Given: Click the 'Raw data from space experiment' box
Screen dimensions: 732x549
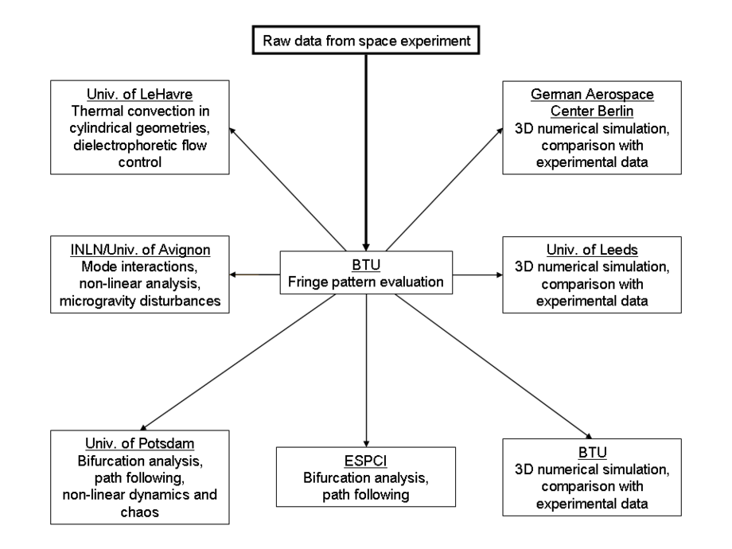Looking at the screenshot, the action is pos(366,40).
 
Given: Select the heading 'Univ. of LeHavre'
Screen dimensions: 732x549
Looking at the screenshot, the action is pos(139,95).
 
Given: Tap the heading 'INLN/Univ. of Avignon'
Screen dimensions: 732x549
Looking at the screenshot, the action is pos(140,250).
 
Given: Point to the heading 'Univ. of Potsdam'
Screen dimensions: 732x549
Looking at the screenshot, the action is pos(139,443).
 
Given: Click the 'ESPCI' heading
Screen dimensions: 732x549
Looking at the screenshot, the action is pos(365,461).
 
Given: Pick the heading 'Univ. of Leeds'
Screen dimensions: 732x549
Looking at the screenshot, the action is pos(592,250).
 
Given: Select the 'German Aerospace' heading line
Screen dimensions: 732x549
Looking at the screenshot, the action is pos(592,95).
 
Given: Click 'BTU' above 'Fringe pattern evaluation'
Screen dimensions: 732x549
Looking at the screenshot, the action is pos(366,265).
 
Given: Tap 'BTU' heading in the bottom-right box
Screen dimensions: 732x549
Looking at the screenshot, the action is pos(593,453).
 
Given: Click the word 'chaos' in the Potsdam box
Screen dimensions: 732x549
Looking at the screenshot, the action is pos(139,512).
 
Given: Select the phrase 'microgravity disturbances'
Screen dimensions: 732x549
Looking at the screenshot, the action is pos(140,301).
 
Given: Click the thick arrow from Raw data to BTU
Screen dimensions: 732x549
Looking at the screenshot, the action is pos(366,153).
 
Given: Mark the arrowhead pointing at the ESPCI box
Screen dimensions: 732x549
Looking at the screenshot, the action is pos(366,443).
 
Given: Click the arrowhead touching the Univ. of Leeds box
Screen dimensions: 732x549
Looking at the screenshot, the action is pos(500,275).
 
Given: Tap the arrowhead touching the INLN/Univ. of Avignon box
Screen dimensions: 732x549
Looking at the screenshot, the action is pos(233,275).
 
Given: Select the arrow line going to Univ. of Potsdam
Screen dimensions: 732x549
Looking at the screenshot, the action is pos(238,362).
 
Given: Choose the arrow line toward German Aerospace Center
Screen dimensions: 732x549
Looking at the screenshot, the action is pos(445,189).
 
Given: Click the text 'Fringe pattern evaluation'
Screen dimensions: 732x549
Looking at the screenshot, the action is pos(366,282).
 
